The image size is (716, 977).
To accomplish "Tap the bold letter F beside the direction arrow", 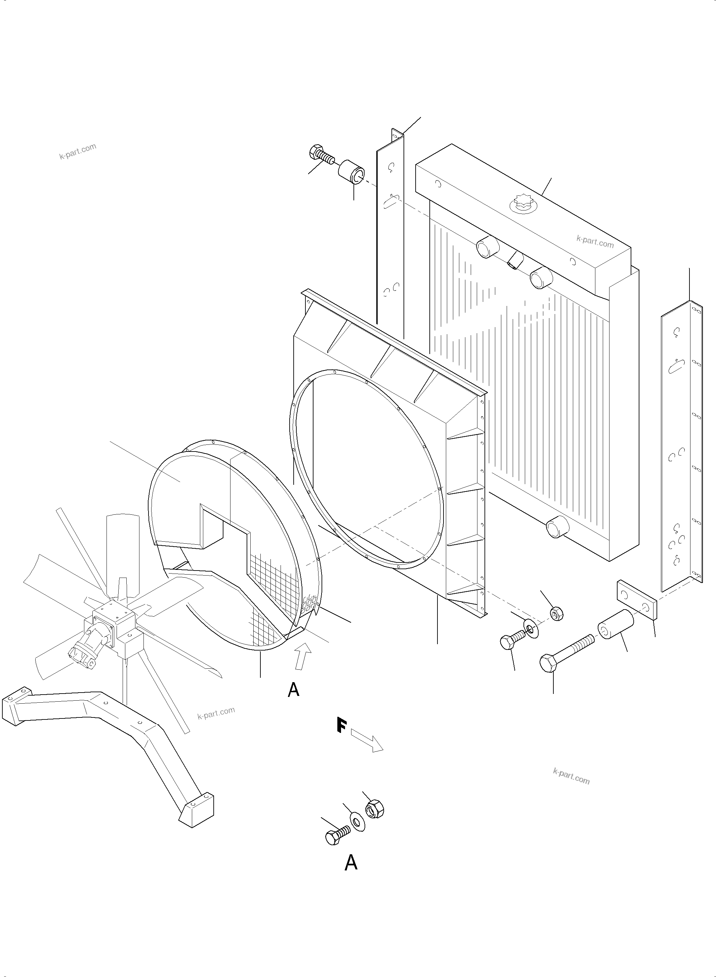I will [341, 726].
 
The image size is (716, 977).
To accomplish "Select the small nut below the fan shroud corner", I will [556, 614].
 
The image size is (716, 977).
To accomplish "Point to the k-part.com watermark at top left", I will [78, 151].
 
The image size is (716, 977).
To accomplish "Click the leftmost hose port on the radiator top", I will [488, 247].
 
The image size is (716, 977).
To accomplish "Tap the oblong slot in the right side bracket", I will [676, 367].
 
